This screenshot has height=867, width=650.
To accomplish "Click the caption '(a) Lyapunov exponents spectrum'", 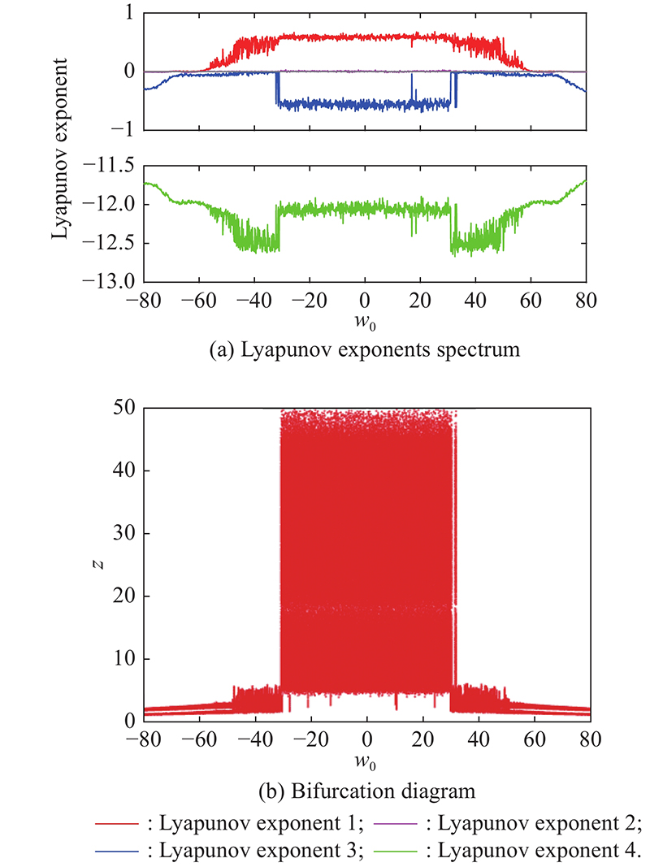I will tap(365, 352).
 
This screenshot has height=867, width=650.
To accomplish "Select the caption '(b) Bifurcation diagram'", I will tap(365, 789).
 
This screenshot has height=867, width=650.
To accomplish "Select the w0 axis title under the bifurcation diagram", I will tap(367, 764).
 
